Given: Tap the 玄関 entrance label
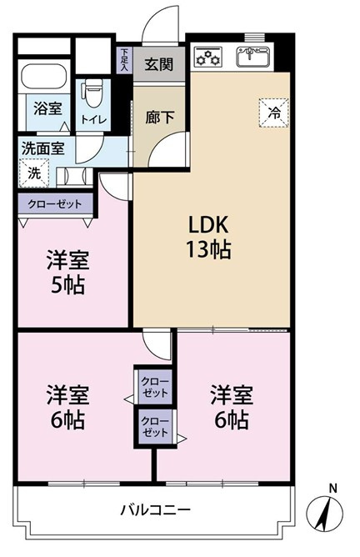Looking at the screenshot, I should point(157,64).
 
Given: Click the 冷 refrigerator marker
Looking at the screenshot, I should point(272,112).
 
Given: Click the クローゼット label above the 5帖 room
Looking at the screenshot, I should point(54,203).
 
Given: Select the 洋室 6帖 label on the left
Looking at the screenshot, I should point(65,405).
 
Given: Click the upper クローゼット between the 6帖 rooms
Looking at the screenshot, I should point(155,387).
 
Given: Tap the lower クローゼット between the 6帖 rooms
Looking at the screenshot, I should point(155,427).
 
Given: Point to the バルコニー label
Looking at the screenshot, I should point(156,509).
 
